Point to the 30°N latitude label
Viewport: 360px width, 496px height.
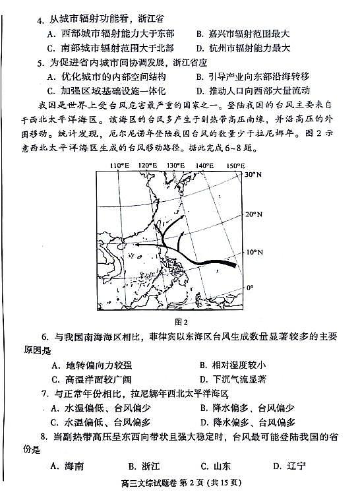pyautogui.click(x=253, y=175)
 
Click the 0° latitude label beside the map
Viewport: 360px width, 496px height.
pyautogui.click(x=249, y=288)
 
